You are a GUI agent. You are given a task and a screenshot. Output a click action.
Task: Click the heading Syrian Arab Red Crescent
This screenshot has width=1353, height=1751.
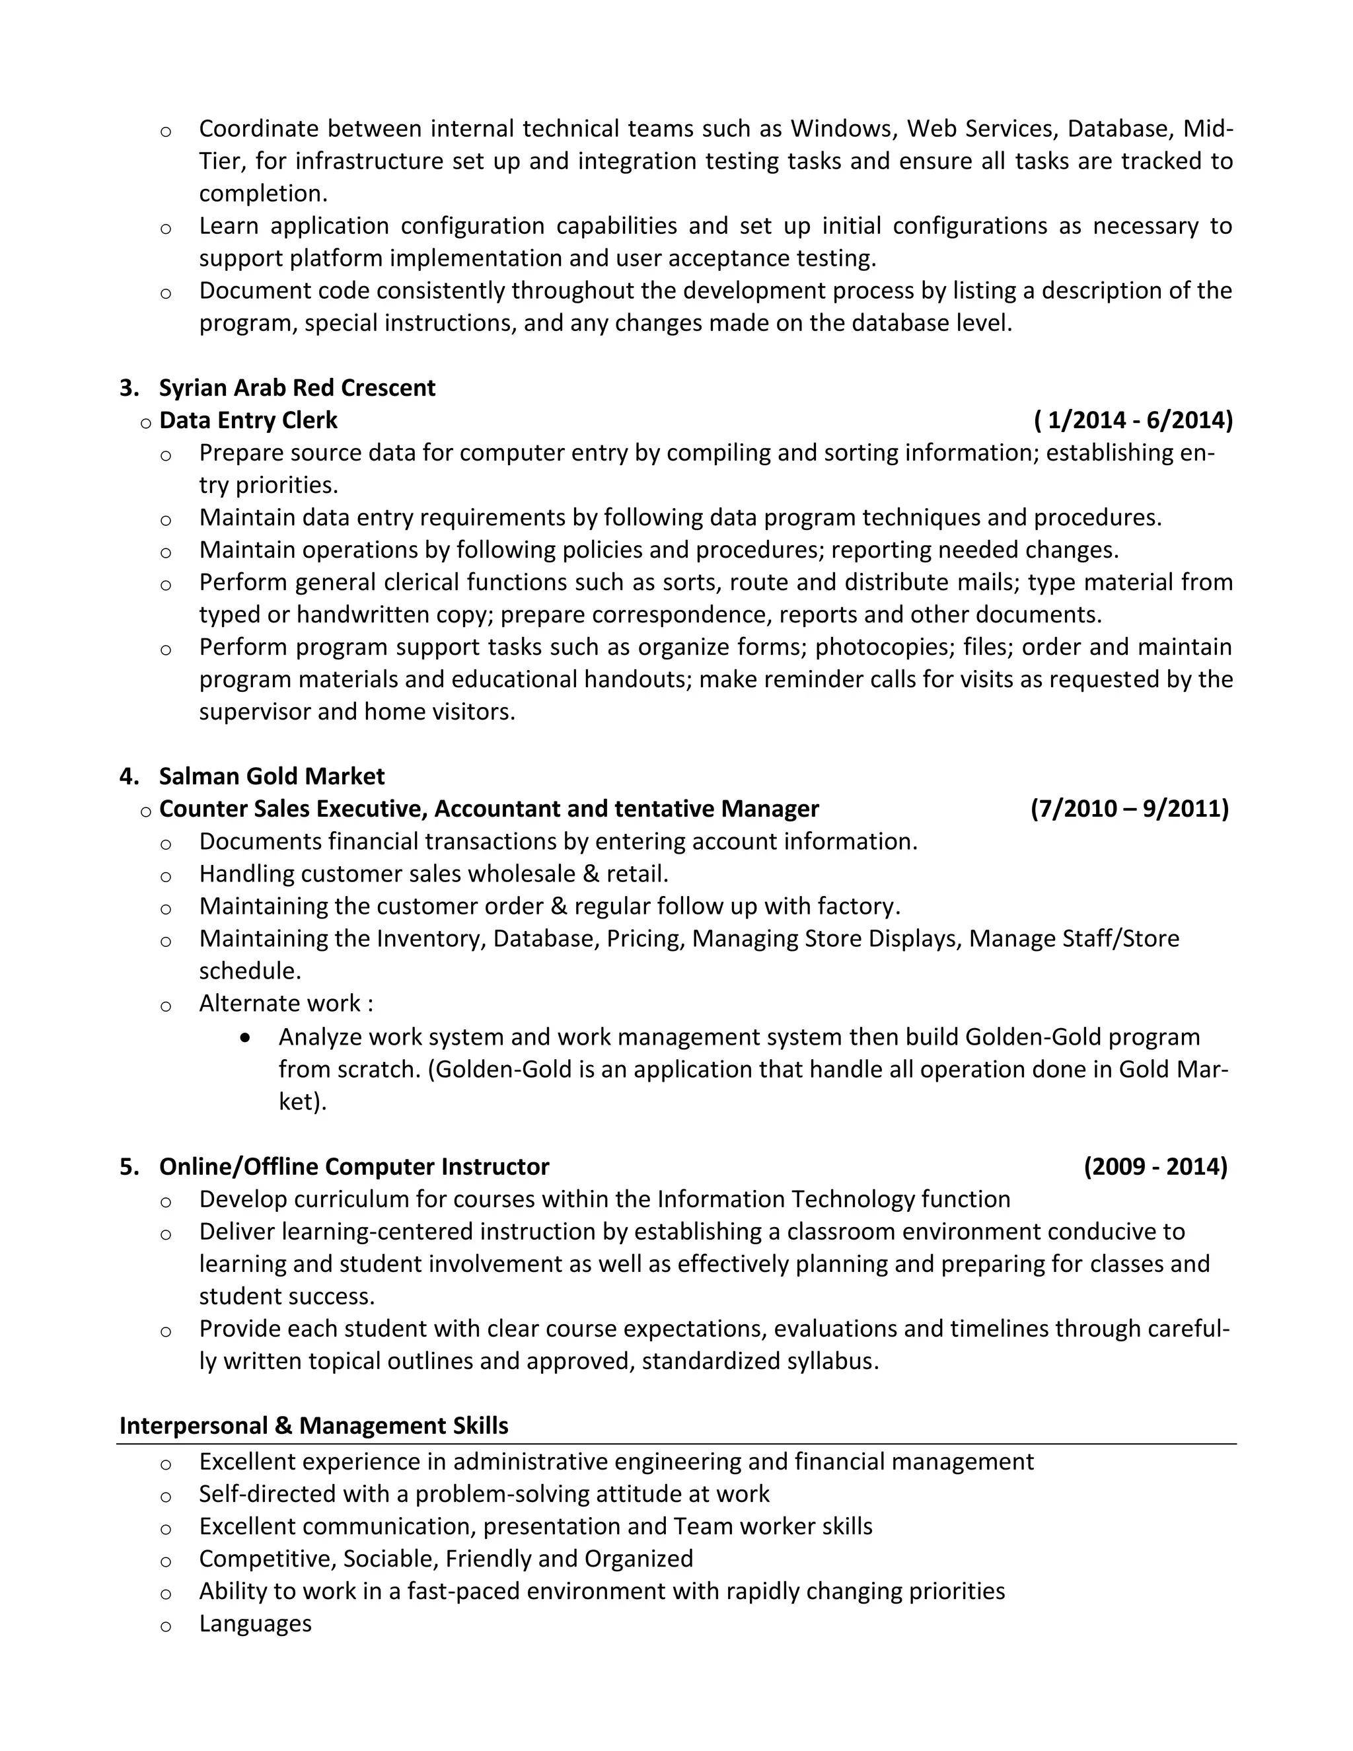tap(297, 388)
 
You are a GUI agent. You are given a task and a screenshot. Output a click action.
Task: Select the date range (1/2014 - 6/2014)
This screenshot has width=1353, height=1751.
tap(1134, 420)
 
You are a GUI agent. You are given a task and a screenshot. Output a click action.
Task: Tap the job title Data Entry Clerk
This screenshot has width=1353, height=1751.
tap(248, 420)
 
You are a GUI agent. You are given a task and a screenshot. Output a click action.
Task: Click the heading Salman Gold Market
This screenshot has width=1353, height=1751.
tap(272, 776)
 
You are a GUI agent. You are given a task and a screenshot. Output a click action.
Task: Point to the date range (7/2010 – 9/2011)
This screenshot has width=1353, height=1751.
tap(1129, 808)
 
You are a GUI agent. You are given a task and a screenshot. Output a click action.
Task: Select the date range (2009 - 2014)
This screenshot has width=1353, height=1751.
tap(1155, 1166)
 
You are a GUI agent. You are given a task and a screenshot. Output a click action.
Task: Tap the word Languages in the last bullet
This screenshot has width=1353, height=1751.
tap(255, 1623)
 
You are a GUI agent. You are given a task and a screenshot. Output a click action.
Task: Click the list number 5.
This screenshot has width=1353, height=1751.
tap(128, 1166)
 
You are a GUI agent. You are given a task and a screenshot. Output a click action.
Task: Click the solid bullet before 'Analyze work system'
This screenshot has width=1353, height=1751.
tap(245, 1037)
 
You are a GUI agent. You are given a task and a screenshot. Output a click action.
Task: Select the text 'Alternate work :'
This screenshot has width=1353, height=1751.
tap(285, 1004)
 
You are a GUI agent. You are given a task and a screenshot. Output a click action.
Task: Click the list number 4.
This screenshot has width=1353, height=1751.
tap(128, 776)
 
